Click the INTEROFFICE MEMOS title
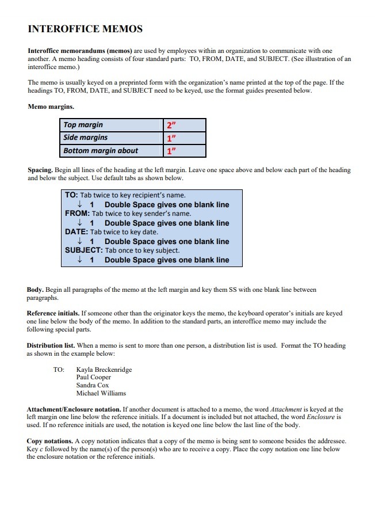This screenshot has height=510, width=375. tap(85, 29)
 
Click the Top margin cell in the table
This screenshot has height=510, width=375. tap(83, 125)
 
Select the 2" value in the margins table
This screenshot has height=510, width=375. tap(171, 125)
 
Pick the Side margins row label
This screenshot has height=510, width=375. tap(86, 138)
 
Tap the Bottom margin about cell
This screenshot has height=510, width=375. tap(101, 151)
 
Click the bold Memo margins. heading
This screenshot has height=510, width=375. tap(51, 106)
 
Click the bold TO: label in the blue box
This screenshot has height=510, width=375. tap(71, 195)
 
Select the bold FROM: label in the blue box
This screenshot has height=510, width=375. tap(77, 214)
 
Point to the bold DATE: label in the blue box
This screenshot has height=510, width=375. tap(76, 232)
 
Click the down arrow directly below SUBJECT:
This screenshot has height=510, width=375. tap(79, 260)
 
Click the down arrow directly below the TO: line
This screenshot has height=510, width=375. tap(79, 204)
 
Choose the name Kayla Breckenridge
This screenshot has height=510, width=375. tap(104, 370)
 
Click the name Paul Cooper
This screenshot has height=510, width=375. tap(94, 378)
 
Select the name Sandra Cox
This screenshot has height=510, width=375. tap(93, 385)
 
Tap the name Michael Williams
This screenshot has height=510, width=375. tap(101, 393)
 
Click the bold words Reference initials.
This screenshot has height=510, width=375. tap(52, 314)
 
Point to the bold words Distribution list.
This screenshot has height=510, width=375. tap(51, 346)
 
